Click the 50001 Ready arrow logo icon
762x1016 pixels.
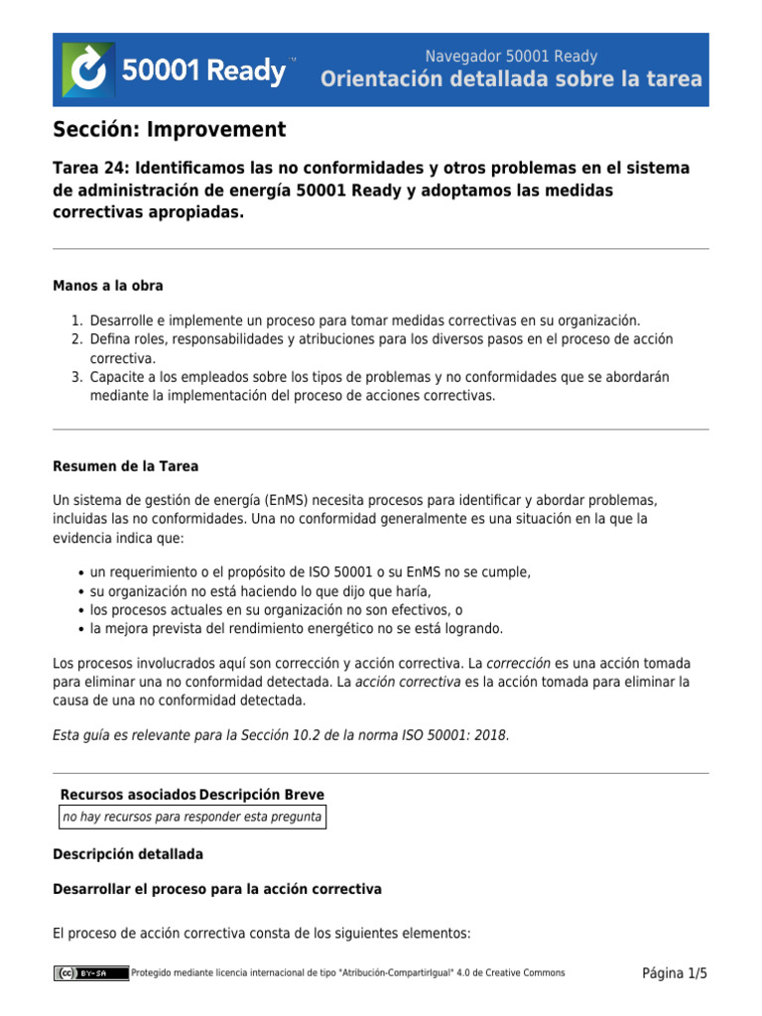[x=88, y=69]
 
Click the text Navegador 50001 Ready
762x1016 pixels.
[x=511, y=57]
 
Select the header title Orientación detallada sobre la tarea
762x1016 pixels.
[x=511, y=80]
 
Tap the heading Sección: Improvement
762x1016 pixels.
[x=169, y=130]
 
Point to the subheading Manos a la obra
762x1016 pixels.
[x=108, y=286]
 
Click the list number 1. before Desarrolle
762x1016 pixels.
[x=76, y=320]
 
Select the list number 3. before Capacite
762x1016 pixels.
[x=76, y=377]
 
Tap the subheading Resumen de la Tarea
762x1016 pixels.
[x=125, y=466]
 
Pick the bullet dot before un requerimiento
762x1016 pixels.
[x=80, y=572]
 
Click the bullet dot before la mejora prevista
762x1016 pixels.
[x=80, y=629]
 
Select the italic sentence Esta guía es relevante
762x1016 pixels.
[x=281, y=735]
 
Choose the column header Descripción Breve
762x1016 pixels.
[x=262, y=795]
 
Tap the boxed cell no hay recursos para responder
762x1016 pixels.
[x=191, y=817]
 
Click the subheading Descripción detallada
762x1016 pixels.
[x=128, y=854]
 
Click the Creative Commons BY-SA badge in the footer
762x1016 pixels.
[x=91, y=973]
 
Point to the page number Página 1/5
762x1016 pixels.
[x=675, y=973]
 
